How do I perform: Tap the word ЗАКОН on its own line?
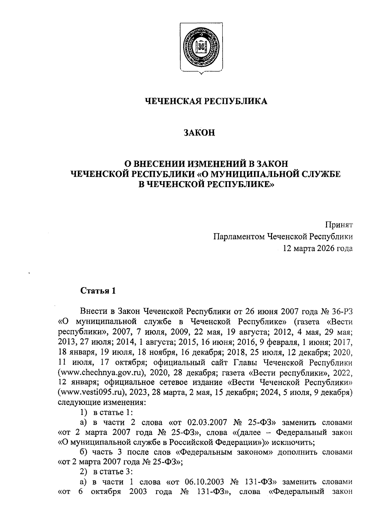click(199, 133)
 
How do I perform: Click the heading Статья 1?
click(98, 291)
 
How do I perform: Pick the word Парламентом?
click(238, 237)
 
